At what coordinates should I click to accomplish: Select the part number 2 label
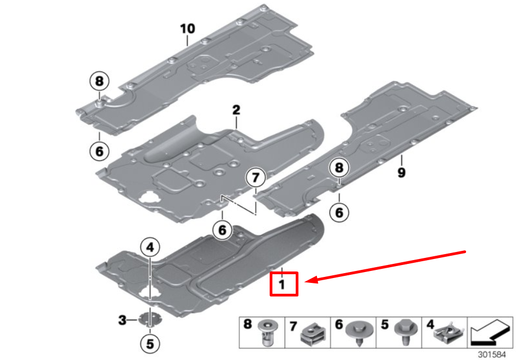(x=236, y=110)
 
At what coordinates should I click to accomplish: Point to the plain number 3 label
(x=122, y=320)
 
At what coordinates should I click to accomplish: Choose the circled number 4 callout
(x=150, y=248)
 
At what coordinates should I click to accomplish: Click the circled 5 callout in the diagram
(x=150, y=343)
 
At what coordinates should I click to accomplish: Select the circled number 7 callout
(x=255, y=178)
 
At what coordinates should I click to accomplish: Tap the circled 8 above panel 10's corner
(x=99, y=82)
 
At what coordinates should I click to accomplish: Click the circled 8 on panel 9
(x=339, y=168)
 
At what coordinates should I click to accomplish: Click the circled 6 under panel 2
(x=222, y=230)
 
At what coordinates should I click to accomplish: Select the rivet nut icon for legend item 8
(x=267, y=332)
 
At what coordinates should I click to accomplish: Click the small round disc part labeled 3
(x=149, y=319)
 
